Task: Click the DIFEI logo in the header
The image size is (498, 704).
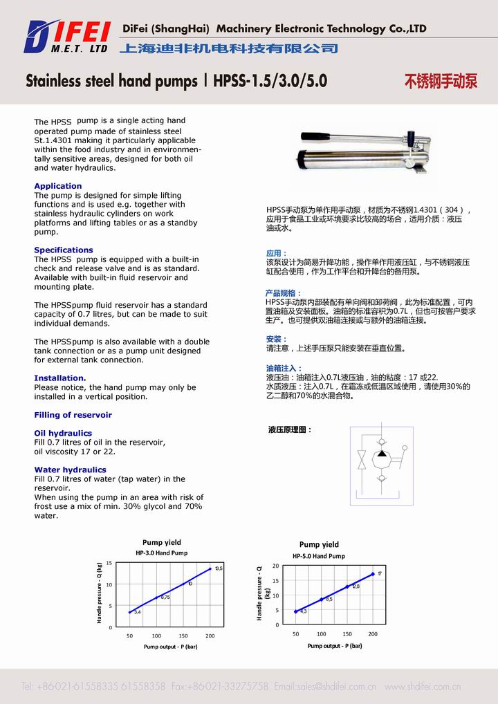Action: [x=66, y=37]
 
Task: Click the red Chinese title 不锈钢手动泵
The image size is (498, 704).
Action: [x=441, y=82]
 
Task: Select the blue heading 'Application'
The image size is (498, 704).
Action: [x=58, y=186]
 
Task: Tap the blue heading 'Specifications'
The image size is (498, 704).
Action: [x=64, y=250]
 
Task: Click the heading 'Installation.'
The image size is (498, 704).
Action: [x=60, y=378]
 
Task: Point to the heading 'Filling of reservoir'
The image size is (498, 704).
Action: [x=73, y=415]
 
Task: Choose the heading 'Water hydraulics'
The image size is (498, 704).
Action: [x=70, y=470]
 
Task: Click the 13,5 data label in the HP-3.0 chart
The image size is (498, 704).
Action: [x=219, y=568]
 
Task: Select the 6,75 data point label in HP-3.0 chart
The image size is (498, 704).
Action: [x=165, y=597]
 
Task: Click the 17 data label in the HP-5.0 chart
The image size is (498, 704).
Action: [x=380, y=573]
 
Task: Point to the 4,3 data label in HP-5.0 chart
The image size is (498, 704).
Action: [x=303, y=611]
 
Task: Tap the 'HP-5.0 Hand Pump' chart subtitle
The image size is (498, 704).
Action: [x=318, y=556]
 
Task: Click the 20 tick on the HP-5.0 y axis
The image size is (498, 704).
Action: [x=275, y=566]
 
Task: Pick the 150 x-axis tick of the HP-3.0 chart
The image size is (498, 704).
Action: [x=183, y=636]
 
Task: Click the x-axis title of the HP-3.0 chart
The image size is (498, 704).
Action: [x=170, y=647]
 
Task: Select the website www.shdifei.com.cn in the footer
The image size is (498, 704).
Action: [x=422, y=687]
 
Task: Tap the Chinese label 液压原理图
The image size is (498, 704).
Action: [x=290, y=430]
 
